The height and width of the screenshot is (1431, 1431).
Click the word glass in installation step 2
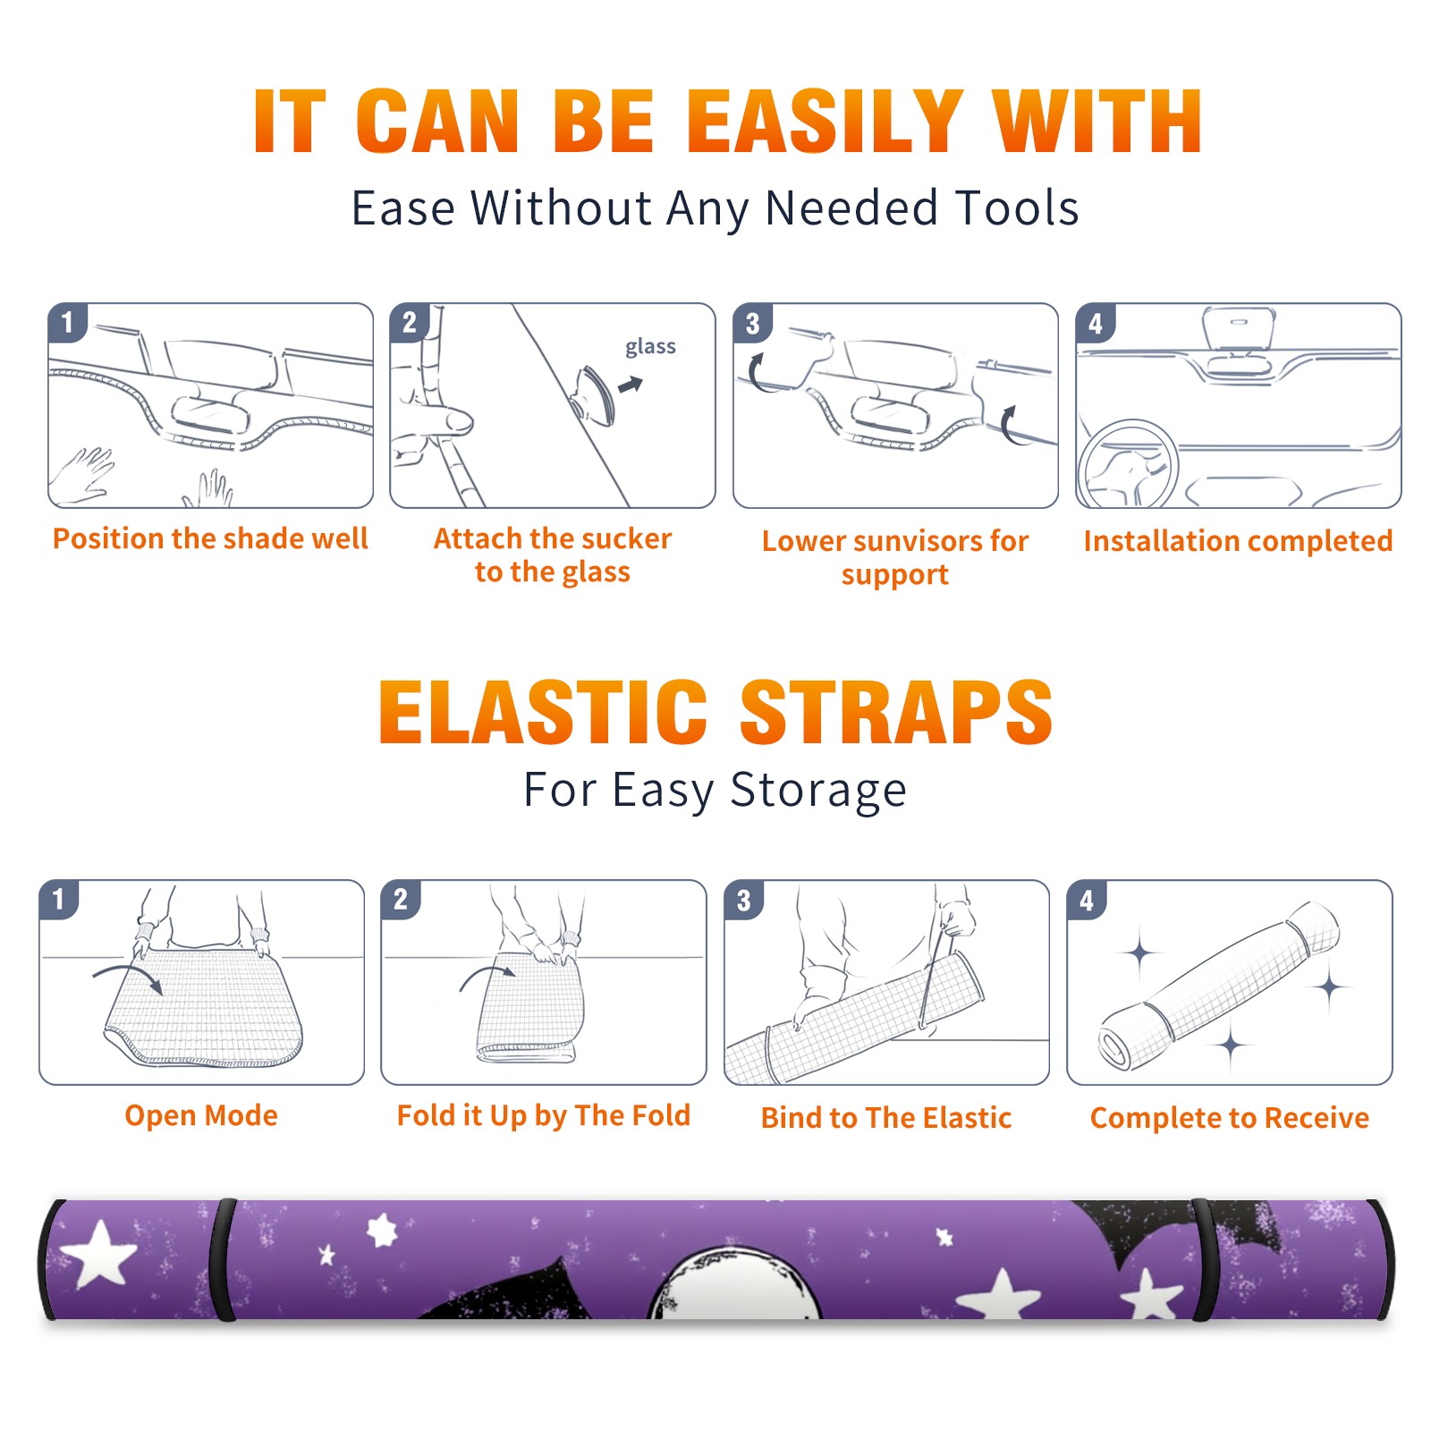(x=650, y=347)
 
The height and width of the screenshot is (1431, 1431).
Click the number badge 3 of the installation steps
(x=753, y=323)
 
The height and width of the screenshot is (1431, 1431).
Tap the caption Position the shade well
(x=210, y=538)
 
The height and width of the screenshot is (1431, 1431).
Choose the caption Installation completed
(x=1238, y=540)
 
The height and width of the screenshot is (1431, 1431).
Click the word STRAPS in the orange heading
(x=896, y=712)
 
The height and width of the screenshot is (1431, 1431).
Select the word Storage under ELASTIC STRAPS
(x=818, y=791)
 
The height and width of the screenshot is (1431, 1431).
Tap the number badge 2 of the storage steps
(x=401, y=899)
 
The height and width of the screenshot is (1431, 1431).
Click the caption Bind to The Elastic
(x=885, y=1117)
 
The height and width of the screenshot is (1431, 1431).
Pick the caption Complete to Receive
(x=1230, y=1117)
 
